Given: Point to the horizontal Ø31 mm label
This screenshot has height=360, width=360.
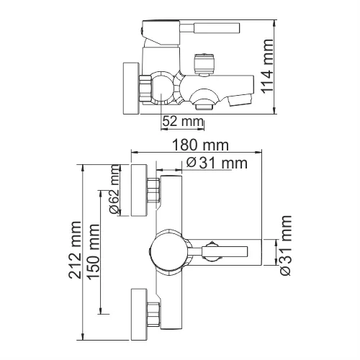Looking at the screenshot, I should pos(216,163).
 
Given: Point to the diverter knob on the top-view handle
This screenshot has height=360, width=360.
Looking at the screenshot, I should pos(210,252).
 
